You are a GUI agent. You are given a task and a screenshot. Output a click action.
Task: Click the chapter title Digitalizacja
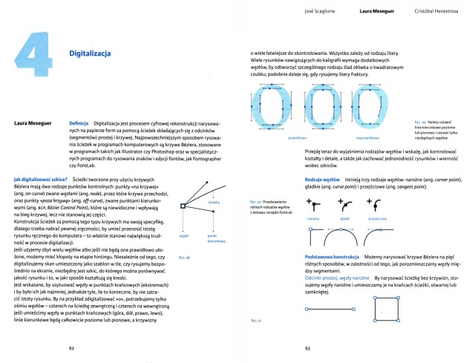coord(90,54)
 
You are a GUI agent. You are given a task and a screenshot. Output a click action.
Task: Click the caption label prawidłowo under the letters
coord(298,137)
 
